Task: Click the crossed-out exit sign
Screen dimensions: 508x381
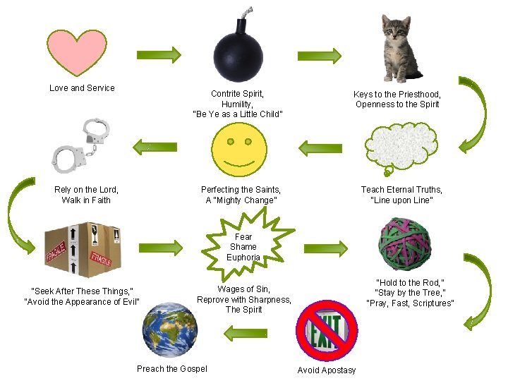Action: pyautogui.click(x=326, y=331)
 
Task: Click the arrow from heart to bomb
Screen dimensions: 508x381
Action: pyautogui.click(x=158, y=54)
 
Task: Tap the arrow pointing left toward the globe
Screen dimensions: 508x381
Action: pyautogui.click(x=244, y=329)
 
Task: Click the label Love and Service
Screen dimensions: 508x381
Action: pyautogui.click(x=82, y=88)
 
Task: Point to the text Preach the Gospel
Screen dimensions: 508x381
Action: pyautogui.click(x=172, y=369)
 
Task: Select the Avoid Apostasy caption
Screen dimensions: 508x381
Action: pyautogui.click(x=327, y=370)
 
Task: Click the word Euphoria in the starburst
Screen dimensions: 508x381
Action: pyautogui.click(x=243, y=258)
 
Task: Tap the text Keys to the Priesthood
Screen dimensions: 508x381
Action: pyautogui.click(x=397, y=95)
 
